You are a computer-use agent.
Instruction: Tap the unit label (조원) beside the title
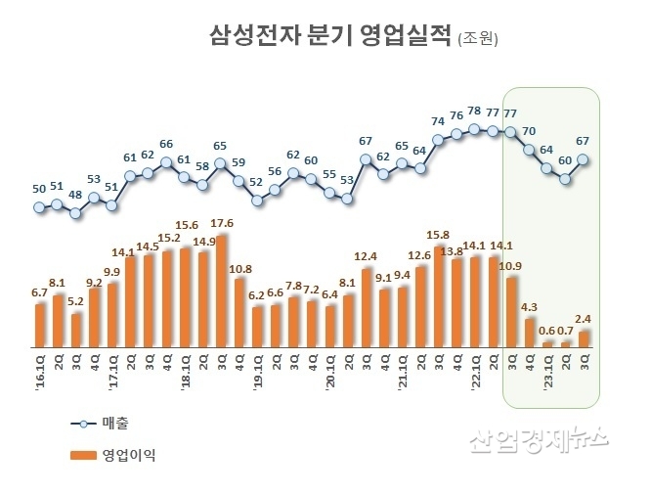click(478, 40)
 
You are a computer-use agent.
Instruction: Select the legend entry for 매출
click(103, 423)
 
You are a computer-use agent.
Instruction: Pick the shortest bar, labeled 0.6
click(546, 344)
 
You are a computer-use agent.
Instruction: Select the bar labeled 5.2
click(75, 331)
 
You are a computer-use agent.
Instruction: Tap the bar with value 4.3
click(529, 333)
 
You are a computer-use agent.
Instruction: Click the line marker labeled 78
click(474, 128)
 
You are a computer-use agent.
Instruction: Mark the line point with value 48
click(75, 211)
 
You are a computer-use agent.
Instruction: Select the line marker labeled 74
click(438, 140)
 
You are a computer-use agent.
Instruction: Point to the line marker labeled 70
click(529, 150)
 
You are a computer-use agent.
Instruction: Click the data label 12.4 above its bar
click(366, 257)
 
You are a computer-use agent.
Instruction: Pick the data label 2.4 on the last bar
click(584, 319)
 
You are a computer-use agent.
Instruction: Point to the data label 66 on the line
click(166, 144)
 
